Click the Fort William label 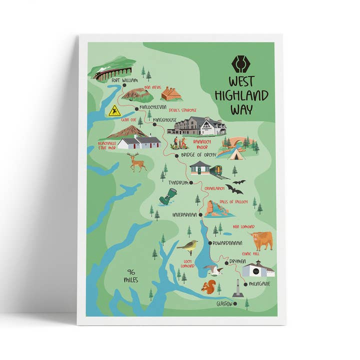coord(124,80)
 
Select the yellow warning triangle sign coord(115,111)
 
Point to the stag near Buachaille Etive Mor coord(136,162)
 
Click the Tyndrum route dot coord(191,182)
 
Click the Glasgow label coord(224,303)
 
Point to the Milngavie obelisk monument coord(237,288)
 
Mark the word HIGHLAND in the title coord(241,95)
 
